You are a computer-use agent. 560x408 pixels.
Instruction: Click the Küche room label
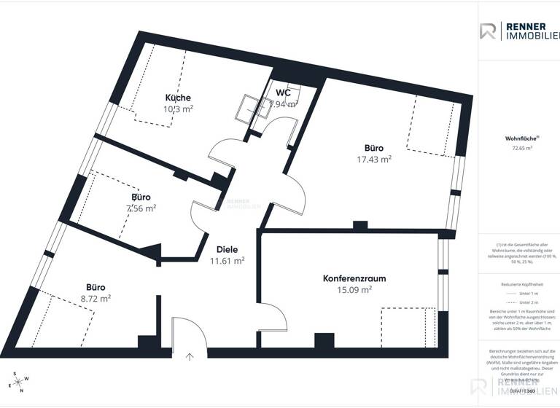[178, 98]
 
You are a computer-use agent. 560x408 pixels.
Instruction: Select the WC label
[284, 93]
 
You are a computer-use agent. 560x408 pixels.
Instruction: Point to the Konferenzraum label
[354, 278]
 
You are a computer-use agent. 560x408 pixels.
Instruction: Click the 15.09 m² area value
[355, 289]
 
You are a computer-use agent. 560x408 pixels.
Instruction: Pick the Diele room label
[227, 250]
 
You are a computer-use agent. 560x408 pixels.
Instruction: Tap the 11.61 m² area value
[227, 261]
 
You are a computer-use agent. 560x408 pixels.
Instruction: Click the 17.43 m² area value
[374, 159]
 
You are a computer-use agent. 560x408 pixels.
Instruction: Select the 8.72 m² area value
[96, 298]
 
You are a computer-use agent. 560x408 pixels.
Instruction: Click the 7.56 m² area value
[141, 208]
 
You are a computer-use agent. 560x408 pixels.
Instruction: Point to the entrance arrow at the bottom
[190, 356]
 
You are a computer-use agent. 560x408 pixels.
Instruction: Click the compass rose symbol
[20, 382]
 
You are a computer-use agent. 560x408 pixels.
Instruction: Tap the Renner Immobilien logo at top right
[518, 31]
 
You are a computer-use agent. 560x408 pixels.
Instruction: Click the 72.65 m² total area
[521, 148]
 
